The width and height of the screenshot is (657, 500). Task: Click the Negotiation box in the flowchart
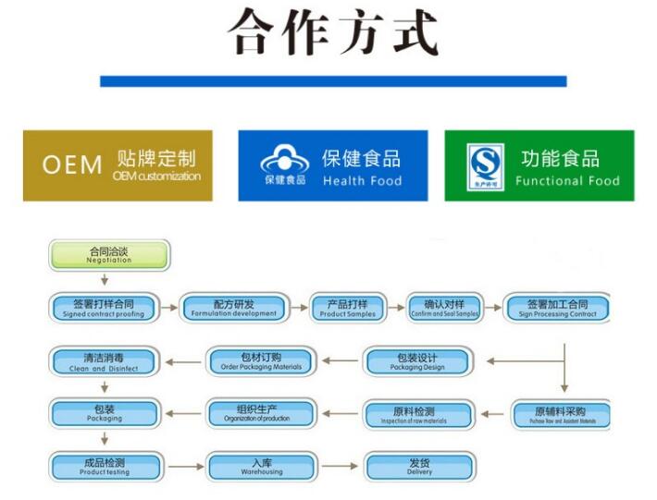click(x=108, y=254)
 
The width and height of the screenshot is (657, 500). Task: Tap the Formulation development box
click(x=233, y=308)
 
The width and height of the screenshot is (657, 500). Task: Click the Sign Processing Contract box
click(x=556, y=308)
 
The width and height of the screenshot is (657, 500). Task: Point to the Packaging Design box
click(x=417, y=361)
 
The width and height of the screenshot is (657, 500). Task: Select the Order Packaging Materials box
click(x=261, y=361)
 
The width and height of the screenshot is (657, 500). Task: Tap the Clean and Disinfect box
click(x=104, y=361)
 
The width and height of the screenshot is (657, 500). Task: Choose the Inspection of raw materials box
click(x=417, y=414)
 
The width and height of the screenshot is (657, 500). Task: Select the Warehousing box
click(x=261, y=466)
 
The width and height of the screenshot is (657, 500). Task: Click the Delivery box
click(x=419, y=466)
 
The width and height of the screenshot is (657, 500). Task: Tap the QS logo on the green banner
click(x=484, y=166)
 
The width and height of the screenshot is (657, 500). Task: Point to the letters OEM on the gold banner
click(x=71, y=165)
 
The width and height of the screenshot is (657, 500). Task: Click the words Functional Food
click(x=567, y=181)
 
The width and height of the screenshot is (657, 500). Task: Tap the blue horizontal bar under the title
click(x=332, y=81)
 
